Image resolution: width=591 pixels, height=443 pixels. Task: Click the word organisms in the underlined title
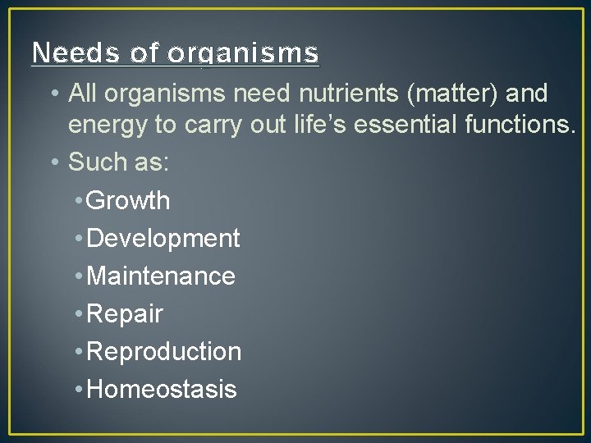point(244,53)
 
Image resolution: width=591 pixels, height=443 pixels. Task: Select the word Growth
point(128,201)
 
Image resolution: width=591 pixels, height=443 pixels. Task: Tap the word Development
point(163,239)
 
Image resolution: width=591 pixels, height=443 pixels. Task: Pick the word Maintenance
point(160,276)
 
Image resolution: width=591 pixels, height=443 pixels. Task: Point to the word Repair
point(125,314)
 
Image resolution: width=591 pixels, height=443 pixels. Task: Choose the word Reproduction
point(163,352)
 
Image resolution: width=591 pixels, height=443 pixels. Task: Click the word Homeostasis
point(161,390)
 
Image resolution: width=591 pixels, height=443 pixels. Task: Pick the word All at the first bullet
point(82,94)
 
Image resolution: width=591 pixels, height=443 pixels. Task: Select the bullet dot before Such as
point(54,162)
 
